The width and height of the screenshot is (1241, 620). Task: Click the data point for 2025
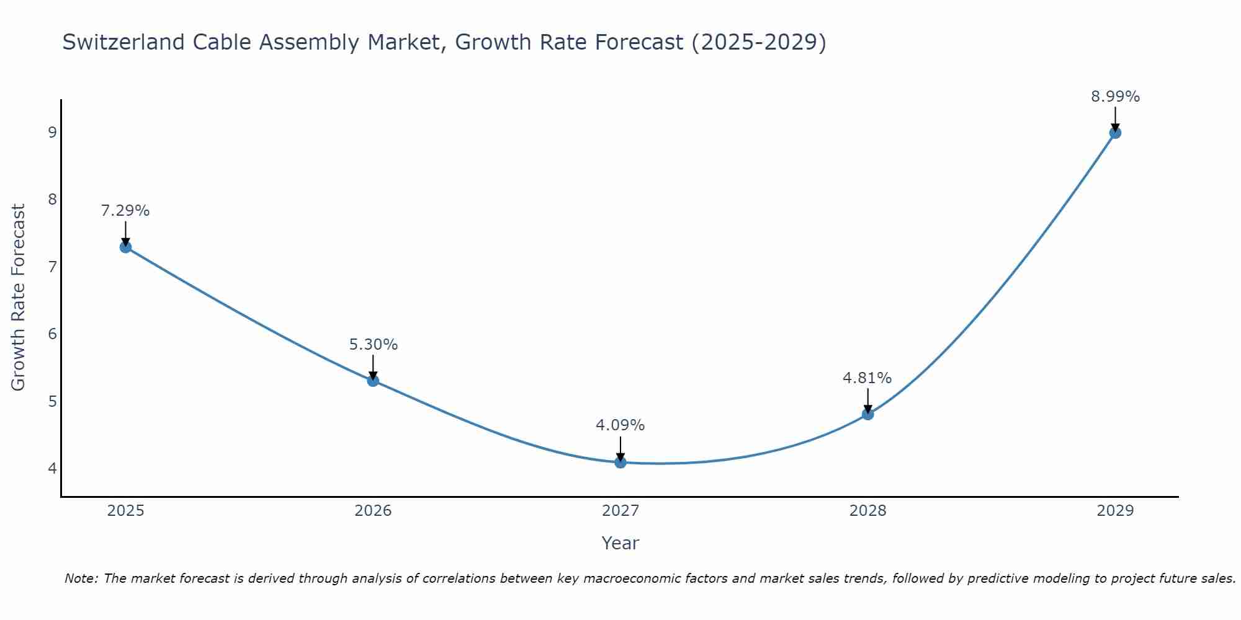(125, 247)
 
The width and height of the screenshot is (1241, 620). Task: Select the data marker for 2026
(373, 381)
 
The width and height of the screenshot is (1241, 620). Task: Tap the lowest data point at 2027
(620, 462)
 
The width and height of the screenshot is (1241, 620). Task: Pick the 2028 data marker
(867, 414)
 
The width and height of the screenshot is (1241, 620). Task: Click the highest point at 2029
(1115, 133)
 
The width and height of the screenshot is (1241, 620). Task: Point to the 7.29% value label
(125, 211)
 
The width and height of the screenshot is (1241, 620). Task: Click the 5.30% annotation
(373, 345)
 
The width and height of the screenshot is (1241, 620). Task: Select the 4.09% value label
(620, 425)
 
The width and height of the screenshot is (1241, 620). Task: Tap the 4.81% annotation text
(867, 378)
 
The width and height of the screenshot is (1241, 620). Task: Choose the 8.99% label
(1115, 97)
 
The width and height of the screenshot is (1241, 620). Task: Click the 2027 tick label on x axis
(620, 511)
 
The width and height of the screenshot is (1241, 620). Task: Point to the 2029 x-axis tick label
(1115, 511)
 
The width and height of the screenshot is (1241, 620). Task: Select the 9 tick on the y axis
(52, 132)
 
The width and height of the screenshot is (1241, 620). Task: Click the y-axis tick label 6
(52, 334)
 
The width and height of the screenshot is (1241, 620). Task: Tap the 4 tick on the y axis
(52, 468)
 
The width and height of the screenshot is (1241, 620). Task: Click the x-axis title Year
(620, 543)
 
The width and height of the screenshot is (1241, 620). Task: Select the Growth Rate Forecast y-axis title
(19, 298)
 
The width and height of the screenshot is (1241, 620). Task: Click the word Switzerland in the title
(123, 42)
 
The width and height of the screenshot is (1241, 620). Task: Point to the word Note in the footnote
(80, 578)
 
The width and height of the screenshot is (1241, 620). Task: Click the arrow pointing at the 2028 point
(867, 400)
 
